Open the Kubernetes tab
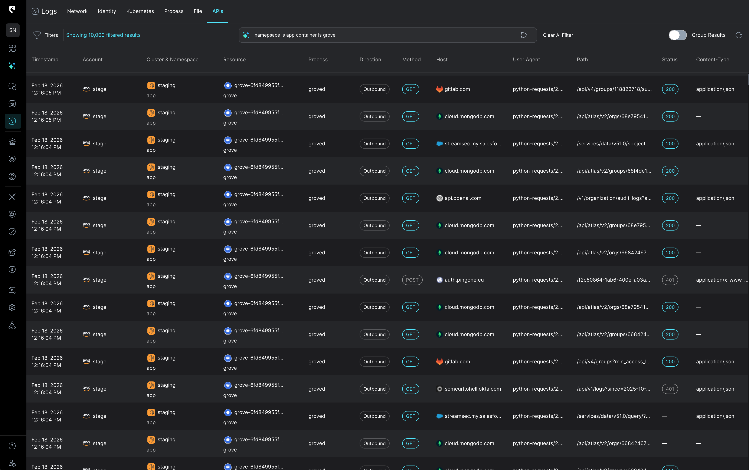(140, 11)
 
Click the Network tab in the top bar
(77, 11)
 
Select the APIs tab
(217, 11)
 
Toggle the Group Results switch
(677, 35)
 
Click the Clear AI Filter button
(558, 35)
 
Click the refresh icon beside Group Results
(739, 35)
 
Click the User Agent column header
(526, 59)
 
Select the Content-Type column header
(712, 59)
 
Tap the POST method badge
(412, 280)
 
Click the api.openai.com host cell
(462, 198)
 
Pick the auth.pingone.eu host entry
(464, 280)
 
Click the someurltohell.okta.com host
(472, 389)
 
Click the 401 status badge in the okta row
(670, 389)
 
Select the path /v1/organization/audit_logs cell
(614, 198)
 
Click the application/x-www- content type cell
(721, 280)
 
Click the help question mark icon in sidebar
(12, 446)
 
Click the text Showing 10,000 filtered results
(103, 35)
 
